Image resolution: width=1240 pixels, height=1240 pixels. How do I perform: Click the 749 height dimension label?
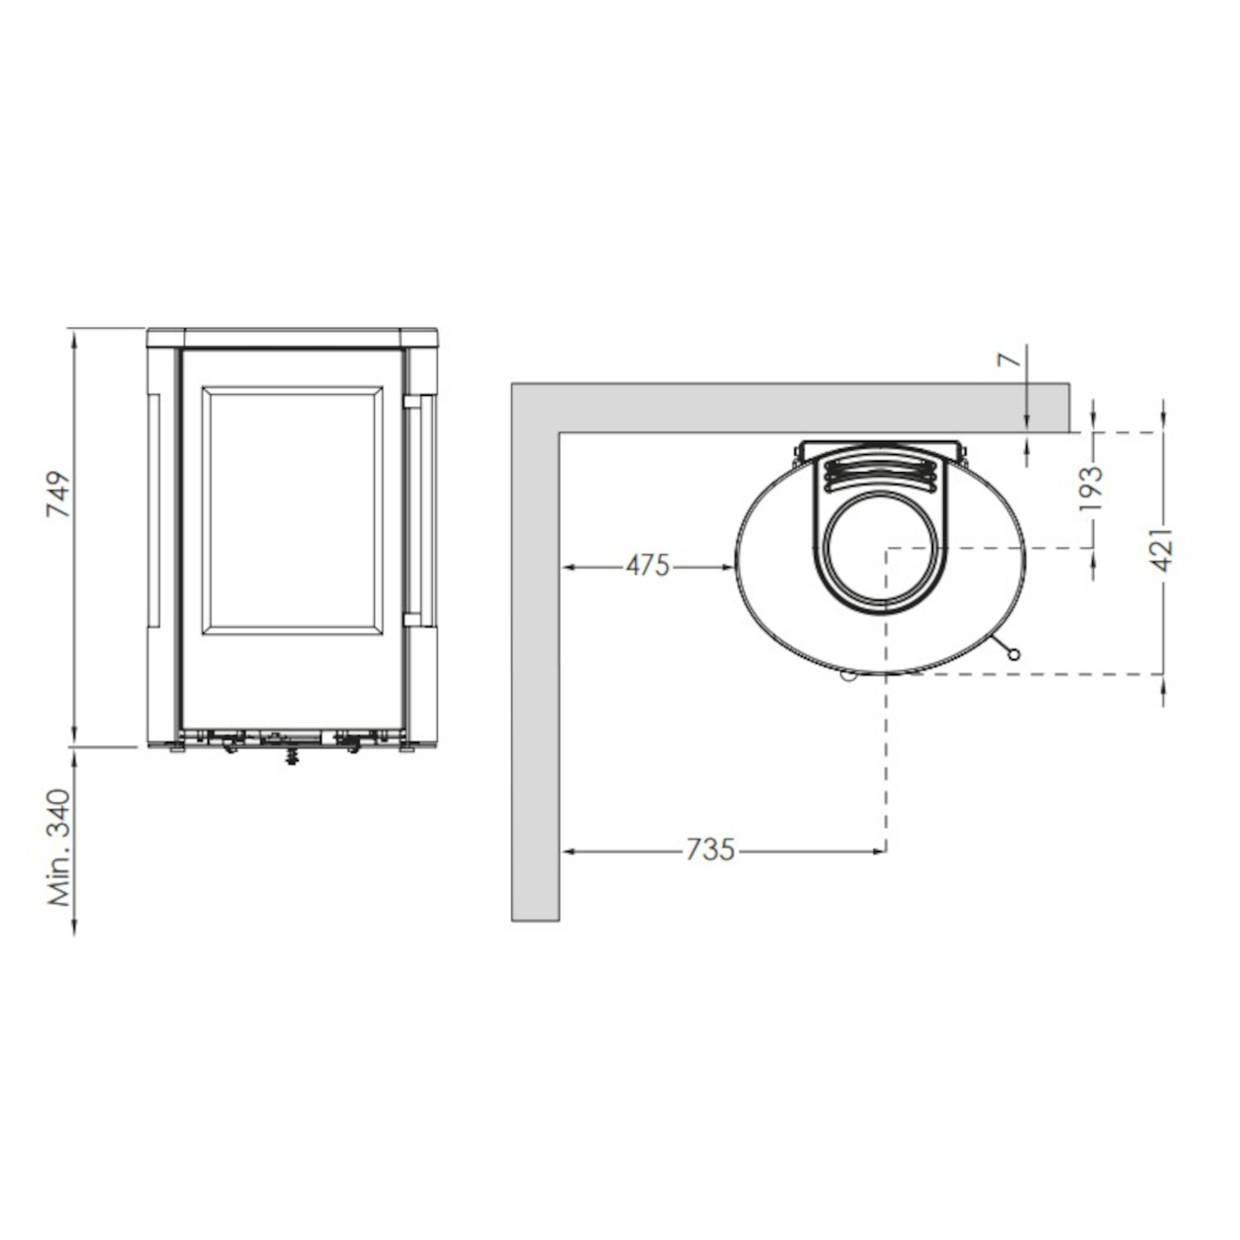[x=58, y=494]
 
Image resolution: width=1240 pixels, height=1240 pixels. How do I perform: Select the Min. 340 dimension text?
[x=59, y=847]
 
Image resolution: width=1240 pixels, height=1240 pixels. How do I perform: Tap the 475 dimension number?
[x=648, y=567]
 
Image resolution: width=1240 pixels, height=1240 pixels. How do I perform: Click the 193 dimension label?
[x=1092, y=487]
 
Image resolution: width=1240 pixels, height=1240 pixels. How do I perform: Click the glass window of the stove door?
[x=292, y=510]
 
